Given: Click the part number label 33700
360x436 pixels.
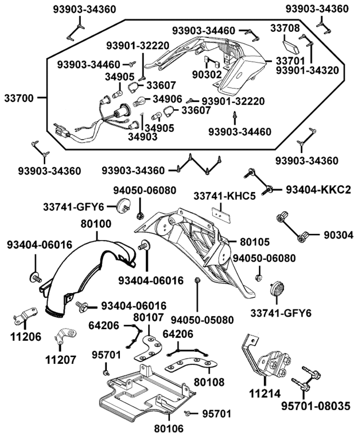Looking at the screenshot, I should tap(19, 98).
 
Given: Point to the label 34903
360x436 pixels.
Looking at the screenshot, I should tap(143, 136).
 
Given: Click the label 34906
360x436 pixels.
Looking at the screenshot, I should tap(167, 98).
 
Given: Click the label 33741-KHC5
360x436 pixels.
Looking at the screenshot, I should tap(225, 196).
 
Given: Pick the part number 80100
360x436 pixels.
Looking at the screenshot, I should tap(96, 224).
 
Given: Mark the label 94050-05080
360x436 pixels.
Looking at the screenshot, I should tap(202, 319).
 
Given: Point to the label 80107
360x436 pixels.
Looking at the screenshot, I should tap(148, 317).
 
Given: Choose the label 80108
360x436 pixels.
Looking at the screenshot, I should tap(210, 381).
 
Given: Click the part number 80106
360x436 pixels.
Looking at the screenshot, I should tap(169, 428).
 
